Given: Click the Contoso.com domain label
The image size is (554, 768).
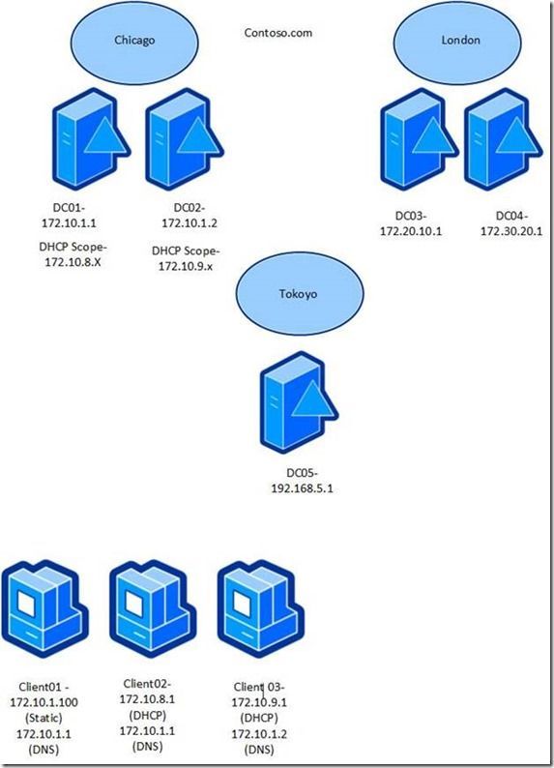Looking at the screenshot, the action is tap(278, 33).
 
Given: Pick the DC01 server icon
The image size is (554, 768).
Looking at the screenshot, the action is tap(91, 139).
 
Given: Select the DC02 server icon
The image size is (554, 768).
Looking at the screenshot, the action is tap(185, 139).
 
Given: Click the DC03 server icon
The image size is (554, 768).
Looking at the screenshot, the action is tap(419, 139).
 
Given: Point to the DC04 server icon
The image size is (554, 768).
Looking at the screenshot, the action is tap(503, 139).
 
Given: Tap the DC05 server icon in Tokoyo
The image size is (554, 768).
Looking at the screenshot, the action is tap(299, 402).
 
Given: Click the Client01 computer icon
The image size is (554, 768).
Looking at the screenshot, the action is tap(45, 609).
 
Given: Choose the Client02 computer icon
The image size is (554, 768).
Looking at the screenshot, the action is tap(153, 609).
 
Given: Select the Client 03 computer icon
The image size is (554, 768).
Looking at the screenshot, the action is tap(260, 609).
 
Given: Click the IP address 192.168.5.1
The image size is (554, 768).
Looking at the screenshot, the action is tap(302, 488).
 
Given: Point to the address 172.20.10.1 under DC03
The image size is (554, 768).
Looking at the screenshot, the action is tap(411, 231).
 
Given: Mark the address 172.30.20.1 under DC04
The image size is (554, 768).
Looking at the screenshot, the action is tap(511, 231).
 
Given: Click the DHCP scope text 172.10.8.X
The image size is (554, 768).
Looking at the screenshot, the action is tap(73, 262).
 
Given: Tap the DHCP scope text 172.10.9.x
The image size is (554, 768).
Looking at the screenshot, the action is tap(186, 267).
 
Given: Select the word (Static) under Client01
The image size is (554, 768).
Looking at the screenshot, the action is tap(44, 718).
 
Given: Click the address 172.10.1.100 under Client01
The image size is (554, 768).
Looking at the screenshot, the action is tap(44, 702).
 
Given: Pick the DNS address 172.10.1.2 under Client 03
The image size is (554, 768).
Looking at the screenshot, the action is tap(259, 734).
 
